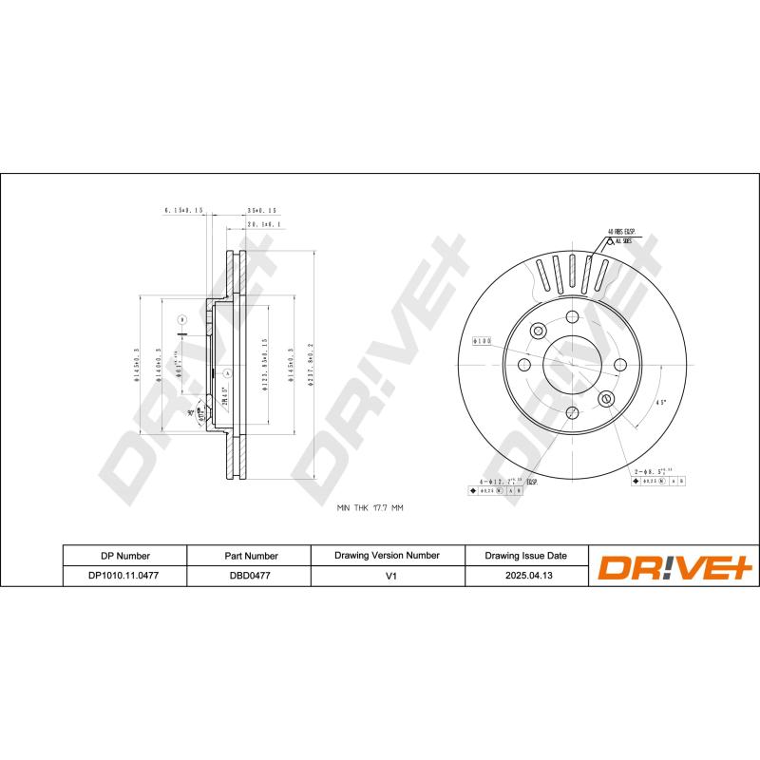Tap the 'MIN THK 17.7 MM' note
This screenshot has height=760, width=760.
pos(370,509)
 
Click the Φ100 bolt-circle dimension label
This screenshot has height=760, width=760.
pos(481,341)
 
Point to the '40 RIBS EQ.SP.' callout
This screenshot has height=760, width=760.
pos(622,231)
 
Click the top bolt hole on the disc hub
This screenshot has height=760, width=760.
pos(572,318)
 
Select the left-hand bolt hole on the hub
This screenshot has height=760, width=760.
pos(525,365)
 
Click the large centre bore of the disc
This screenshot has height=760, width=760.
pos(572,365)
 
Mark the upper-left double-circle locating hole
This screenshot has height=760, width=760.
pos(539,331)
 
